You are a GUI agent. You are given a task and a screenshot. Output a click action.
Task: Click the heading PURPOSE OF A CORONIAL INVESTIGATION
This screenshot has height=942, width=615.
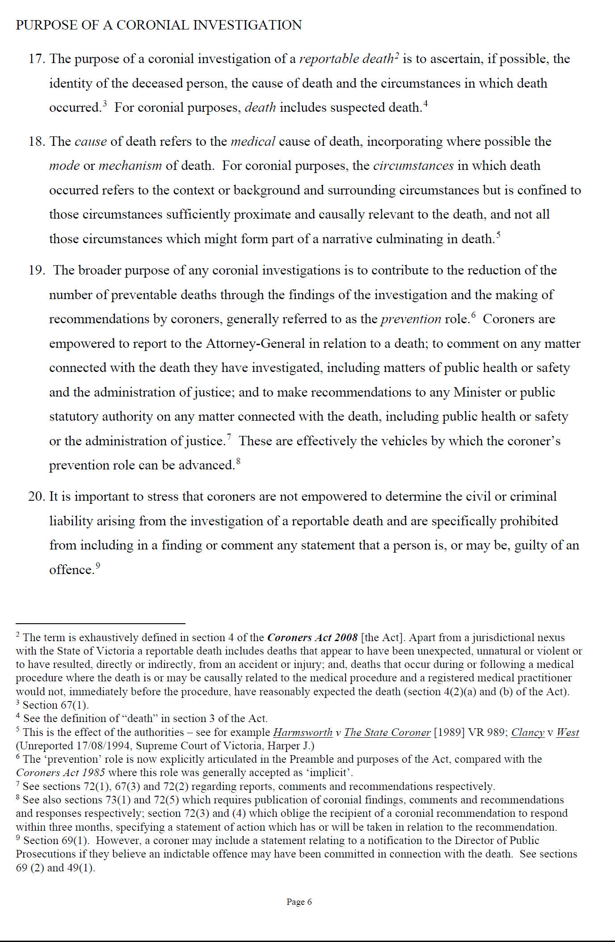(159, 25)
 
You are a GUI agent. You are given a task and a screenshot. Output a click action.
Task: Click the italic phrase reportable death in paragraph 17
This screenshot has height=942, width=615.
(346, 59)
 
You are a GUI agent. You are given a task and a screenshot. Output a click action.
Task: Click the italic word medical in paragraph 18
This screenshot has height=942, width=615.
(253, 142)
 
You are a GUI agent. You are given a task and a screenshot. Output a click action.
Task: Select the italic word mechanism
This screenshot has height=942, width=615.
(130, 166)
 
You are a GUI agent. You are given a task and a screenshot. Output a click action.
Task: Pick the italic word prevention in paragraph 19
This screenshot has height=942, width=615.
(411, 319)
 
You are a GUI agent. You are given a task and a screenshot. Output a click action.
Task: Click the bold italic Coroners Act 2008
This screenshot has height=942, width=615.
(312, 638)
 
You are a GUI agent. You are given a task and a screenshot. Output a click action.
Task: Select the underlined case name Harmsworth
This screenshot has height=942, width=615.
(303, 732)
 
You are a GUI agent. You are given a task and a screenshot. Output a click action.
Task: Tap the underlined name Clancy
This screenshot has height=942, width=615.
(528, 732)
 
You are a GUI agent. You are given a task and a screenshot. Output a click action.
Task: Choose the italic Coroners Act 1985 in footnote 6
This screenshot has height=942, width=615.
(60, 773)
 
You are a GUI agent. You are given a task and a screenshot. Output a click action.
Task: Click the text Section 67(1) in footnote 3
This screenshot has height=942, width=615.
(55, 705)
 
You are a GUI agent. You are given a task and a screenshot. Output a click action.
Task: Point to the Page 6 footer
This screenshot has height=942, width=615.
(299, 902)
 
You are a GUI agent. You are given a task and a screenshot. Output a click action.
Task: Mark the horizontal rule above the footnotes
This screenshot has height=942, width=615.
(101, 623)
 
